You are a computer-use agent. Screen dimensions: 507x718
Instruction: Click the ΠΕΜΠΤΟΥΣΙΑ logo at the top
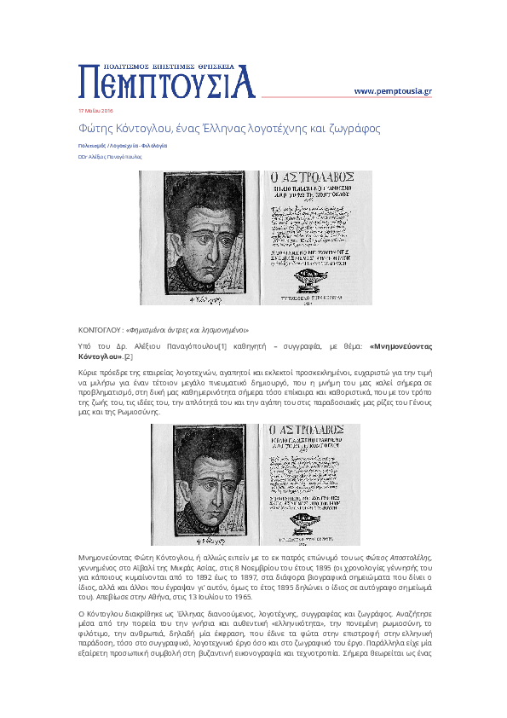[167, 81]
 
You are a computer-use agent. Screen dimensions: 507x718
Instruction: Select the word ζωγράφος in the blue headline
[354, 129]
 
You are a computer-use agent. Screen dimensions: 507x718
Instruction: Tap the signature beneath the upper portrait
[203, 298]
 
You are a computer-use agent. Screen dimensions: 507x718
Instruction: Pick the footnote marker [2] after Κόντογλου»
[129, 356]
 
